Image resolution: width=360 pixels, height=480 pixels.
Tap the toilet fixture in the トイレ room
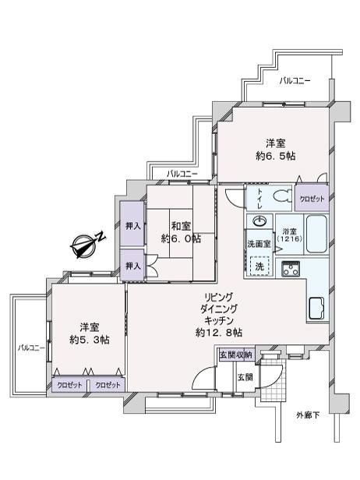282,196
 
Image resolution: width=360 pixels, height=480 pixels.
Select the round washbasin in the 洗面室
259,221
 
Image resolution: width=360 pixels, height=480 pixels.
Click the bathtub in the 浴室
316,234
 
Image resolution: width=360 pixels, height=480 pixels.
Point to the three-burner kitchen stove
291,269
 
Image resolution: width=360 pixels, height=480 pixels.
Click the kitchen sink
317,309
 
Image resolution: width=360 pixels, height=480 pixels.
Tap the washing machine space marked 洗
259,266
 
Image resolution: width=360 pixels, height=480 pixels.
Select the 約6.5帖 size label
276,156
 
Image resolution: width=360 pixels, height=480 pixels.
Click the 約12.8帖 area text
219,333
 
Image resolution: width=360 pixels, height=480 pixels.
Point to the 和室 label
181,227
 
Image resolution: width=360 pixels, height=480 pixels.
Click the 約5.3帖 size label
90,340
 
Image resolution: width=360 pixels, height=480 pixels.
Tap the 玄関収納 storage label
236,355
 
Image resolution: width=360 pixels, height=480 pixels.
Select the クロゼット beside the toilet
312,198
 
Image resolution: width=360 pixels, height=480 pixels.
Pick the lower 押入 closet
132,265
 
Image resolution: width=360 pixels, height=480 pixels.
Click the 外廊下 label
308,415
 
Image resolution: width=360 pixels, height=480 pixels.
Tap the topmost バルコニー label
295,81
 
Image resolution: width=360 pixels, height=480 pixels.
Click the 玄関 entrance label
245,377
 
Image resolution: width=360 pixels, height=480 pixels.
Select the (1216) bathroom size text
290,238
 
